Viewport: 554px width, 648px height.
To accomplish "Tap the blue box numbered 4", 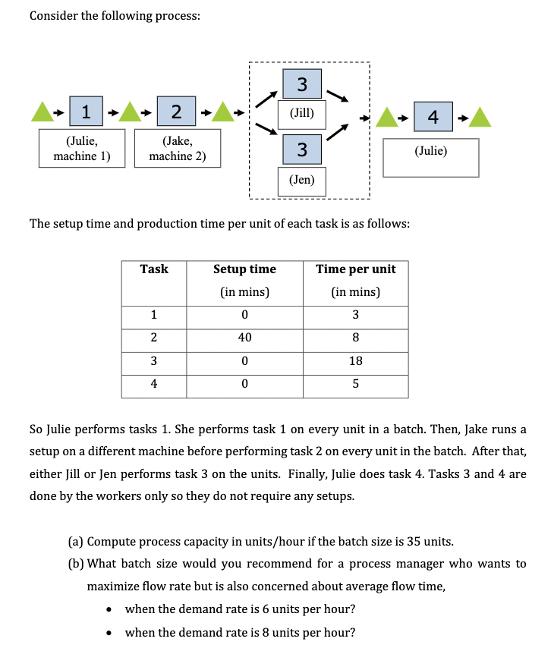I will pos(433,117).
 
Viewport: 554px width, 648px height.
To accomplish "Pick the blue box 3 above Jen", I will pos(301,149).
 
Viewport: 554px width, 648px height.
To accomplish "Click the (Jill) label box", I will pos(301,114).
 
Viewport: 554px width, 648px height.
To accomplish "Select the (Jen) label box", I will pos(301,181).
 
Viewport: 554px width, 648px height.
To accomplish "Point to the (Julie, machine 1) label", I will pos(82,148).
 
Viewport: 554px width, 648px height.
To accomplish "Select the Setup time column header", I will pos(244,269).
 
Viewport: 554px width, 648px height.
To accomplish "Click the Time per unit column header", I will pos(355,269).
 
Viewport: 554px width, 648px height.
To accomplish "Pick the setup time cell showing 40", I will pos(244,338).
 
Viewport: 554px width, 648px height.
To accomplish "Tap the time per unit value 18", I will pos(355,360).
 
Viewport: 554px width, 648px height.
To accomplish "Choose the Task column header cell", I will pos(154,269).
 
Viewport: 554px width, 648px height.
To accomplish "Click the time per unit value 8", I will pos(355,338).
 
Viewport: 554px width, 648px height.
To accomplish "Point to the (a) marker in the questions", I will pos(75,541).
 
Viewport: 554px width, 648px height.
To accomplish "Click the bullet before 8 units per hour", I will pos(111,633).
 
